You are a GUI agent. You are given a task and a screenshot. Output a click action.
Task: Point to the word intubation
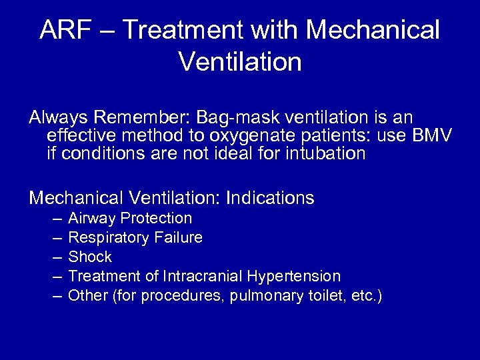pyautogui.click(x=327, y=154)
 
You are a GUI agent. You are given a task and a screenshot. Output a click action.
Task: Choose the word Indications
pyautogui.click(x=270, y=198)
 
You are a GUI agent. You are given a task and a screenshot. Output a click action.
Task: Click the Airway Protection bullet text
pyautogui.click(x=130, y=218)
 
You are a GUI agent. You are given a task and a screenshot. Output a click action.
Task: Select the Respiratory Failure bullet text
pyautogui.click(x=135, y=237)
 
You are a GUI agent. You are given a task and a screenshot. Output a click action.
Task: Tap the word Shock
pyautogui.click(x=90, y=257)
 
